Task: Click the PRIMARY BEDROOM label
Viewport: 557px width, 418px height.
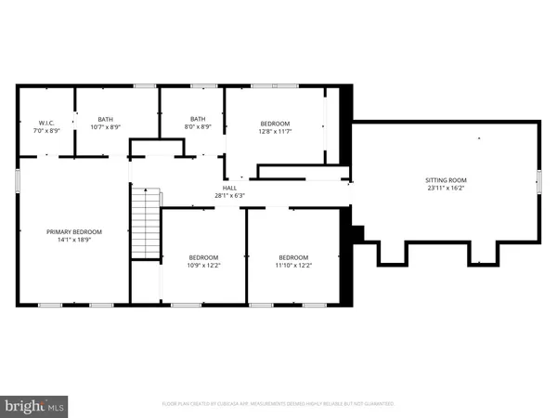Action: (x=74, y=231)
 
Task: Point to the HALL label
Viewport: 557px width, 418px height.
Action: (x=228, y=188)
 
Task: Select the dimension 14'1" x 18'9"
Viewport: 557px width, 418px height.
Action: (x=74, y=240)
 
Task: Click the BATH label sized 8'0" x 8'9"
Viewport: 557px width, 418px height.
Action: (x=198, y=119)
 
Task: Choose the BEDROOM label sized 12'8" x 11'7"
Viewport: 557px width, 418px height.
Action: (x=275, y=124)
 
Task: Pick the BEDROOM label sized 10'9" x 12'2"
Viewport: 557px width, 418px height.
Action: (x=204, y=257)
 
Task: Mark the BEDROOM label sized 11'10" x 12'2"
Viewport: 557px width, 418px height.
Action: (x=294, y=257)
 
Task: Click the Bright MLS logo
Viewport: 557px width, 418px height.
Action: (x=34, y=405)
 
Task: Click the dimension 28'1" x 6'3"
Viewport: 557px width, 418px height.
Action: (x=228, y=196)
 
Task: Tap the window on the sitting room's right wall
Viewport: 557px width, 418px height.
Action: (x=539, y=180)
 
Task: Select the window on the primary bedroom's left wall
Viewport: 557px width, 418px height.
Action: (x=17, y=180)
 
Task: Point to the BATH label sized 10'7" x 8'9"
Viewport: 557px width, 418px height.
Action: (x=106, y=119)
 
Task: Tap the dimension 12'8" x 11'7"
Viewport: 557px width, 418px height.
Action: (x=275, y=132)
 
